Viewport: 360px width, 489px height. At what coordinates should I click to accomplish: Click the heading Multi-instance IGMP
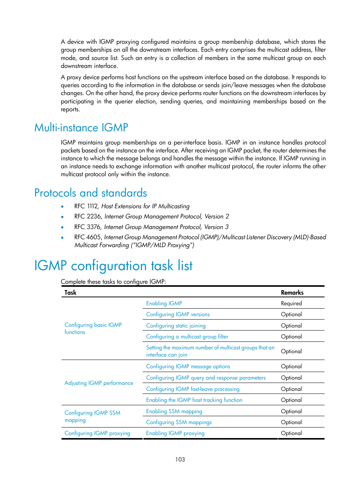(x=81, y=128)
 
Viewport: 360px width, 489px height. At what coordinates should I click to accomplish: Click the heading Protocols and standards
(x=91, y=193)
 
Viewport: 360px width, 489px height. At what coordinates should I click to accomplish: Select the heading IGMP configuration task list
(x=113, y=266)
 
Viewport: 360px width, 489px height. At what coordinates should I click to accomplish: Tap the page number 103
(x=180, y=459)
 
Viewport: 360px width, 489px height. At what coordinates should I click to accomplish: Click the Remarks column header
(x=292, y=292)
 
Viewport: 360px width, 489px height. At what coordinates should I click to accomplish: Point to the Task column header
(x=70, y=292)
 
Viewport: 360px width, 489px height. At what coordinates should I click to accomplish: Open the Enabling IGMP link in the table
(x=164, y=303)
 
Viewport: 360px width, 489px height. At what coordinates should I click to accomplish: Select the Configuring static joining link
(x=176, y=326)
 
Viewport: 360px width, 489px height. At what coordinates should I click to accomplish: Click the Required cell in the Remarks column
(x=291, y=303)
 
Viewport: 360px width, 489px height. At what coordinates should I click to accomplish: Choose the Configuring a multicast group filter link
(x=187, y=337)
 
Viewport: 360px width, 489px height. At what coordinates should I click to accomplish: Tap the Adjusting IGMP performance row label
(x=99, y=383)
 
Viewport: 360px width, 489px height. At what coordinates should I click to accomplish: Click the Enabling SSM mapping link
(x=174, y=411)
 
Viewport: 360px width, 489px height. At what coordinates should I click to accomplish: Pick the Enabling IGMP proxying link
(x=175, y=433)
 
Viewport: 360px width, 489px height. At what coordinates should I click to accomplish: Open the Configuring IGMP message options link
(x=188, y=366)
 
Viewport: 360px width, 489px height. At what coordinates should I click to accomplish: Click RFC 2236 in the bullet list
(x=88, y=216)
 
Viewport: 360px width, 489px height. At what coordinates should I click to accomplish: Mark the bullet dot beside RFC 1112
(x=62, y=206)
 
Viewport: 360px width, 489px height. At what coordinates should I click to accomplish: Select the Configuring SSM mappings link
(x=179, y=422)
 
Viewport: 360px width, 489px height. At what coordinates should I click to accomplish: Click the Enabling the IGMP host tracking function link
(x=194, y=400)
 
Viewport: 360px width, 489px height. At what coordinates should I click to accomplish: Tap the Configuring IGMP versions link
(x=178, y=314)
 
